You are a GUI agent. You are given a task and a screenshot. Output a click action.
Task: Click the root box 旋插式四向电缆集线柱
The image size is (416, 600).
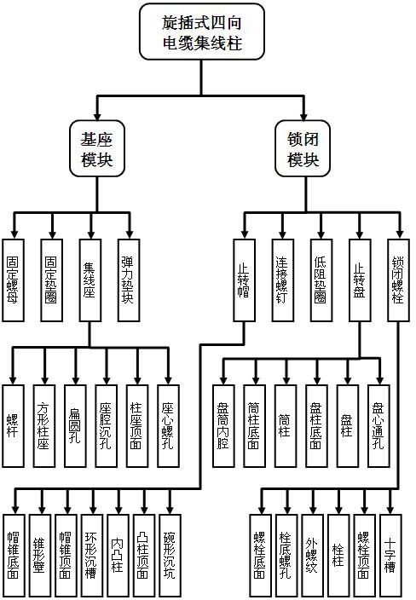(202, 32)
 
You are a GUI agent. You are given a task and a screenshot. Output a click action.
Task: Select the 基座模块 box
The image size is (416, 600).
(97, 148)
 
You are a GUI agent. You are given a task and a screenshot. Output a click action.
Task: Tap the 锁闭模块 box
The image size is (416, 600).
(303, 148)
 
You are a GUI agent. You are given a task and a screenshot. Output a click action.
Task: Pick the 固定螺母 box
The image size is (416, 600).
(13, 280)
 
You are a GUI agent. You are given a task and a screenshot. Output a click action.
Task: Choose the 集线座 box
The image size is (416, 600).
(90, 280)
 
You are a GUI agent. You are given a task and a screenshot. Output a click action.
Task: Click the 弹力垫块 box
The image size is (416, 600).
(129, 280)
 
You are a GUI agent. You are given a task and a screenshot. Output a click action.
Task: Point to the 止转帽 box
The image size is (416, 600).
(244, 280)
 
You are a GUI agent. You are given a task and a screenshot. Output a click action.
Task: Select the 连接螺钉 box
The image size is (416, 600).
(283, 280)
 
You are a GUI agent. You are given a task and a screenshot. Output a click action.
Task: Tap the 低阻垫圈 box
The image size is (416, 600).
(321, 280)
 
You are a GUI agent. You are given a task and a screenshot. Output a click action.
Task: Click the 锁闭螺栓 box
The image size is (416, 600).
(398, 280)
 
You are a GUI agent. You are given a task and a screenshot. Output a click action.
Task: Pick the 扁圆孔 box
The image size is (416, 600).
(75, 426)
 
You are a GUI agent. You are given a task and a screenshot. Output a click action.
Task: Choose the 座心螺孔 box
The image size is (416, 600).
(168, 426)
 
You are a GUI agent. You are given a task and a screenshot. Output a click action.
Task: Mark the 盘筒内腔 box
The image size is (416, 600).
(223, 426)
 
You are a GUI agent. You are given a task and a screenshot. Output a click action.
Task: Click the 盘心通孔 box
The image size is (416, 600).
(378, 426)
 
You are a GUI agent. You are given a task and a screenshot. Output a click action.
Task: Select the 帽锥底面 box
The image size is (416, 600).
(14, 556)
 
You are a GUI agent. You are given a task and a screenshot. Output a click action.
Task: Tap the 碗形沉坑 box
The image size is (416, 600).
(170, 556)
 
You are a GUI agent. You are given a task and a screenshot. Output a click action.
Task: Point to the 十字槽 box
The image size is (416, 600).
(390, 556)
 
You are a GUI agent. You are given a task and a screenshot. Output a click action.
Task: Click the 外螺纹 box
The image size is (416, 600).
(313, 556)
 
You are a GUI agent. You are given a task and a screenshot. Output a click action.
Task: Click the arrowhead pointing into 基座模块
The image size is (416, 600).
(97, 116)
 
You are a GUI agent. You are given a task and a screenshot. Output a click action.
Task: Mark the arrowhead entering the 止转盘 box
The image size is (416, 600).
(360, 234)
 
